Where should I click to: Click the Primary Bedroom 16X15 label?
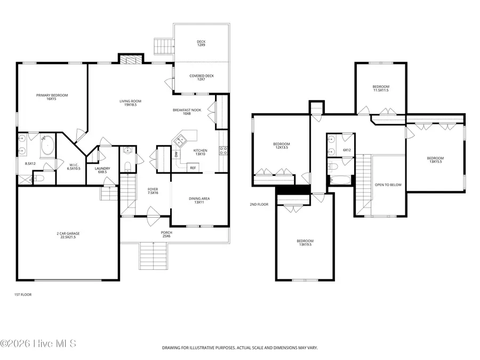[x=52, y=97]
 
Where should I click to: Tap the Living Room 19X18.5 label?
[x=131, y=103]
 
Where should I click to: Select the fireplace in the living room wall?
[x=131, y=59]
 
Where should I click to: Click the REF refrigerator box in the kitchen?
[x=193, y=168]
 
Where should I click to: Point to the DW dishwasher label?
[x=176, y=155]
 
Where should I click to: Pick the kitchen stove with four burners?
[x=223, y=150]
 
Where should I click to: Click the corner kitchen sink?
[x=180, y=140]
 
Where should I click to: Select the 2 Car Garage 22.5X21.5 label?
[x=68, y=235]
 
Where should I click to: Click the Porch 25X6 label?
[x=166, y=235]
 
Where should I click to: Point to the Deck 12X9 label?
[x=201, y=43]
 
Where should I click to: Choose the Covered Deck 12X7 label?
[x=202, y=77]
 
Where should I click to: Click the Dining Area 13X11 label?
[x=199, y=201]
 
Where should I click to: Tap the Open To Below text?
[x=388, y=185]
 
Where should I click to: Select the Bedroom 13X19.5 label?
[x=305, y=243]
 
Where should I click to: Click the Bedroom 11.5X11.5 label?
[x=381, y=89]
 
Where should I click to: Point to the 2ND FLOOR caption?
[x=259, y=204]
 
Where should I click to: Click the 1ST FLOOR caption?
[x=23, y=295]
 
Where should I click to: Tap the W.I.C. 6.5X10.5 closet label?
[x=74, y=167]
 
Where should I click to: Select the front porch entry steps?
[x=154, y=256]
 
